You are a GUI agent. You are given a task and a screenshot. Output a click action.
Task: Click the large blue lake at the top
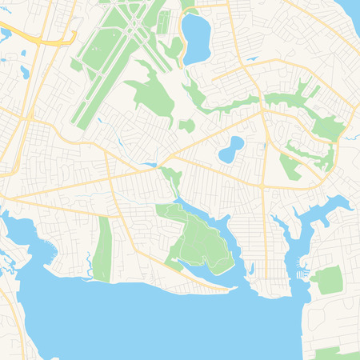click(x=195, y=38)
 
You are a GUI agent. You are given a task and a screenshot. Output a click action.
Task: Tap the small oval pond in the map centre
click(x=231, y=149)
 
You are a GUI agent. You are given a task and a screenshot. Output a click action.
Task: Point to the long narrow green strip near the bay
click(x=102, y=249)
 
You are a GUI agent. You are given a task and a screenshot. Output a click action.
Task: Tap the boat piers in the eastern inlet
click(x=302, y=274)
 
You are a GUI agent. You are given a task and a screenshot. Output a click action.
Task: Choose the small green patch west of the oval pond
click(x=186, y=126)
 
